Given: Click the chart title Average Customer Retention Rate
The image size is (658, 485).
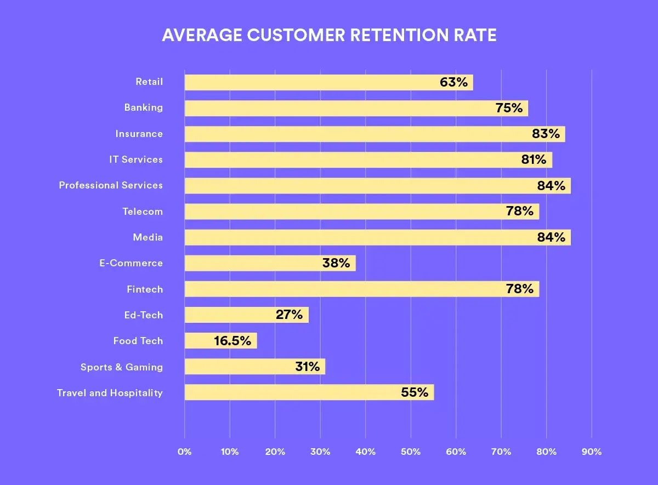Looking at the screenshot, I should [329, 36].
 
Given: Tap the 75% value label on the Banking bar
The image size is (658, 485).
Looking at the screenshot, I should [509, 108].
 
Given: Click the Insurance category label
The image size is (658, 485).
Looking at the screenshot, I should [139, 134].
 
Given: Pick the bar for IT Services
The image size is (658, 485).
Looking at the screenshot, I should [351, 160].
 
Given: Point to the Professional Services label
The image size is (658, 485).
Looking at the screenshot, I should [111, 185].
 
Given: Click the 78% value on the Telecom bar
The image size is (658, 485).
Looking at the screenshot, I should [520, 212].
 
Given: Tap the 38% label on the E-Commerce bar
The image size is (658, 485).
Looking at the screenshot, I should [336, 263].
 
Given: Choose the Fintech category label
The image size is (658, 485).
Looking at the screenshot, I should [145, 289].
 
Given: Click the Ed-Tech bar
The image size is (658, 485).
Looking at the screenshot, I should [230, 315].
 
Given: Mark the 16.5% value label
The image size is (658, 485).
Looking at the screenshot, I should [232, 341].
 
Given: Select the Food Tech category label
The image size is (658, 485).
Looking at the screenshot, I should [138, 341].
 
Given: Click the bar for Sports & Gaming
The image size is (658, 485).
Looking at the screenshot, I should [241, 367].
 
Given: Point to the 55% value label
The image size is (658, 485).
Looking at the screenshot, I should [415, 392].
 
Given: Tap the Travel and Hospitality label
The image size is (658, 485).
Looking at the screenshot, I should [110, 393].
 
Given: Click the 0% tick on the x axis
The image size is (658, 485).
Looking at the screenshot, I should [185, 452].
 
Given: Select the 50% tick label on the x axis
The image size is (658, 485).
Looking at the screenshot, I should [411, 452].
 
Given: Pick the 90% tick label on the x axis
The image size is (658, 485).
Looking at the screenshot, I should [592, 452].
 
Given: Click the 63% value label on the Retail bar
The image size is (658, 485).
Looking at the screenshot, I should [453, 82].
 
